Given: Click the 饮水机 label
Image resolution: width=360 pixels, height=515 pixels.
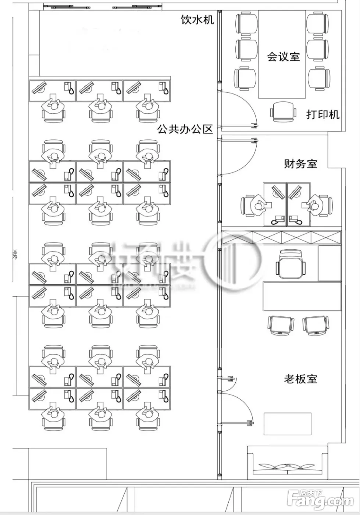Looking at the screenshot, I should tap(197, 19).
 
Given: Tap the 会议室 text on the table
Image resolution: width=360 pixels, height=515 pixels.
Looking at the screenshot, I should tap(283, 57).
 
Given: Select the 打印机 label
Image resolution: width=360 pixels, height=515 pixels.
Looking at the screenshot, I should tap(323, 114).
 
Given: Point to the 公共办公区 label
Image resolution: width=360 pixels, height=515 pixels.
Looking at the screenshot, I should tap(185, 129).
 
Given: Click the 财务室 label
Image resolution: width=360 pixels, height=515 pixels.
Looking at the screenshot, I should tap(300, 164).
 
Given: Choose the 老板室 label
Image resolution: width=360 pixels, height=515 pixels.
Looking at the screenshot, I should tap(300, 379).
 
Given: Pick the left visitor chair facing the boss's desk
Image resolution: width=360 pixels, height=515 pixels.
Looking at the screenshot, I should tap(281, 325).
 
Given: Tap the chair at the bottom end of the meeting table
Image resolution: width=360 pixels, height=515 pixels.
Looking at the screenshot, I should tap(283, 111).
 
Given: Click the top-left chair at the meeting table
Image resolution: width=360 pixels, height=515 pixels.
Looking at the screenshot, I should tap(247, 23).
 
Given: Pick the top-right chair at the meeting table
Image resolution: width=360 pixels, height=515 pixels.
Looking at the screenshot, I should tap(318, 23).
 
